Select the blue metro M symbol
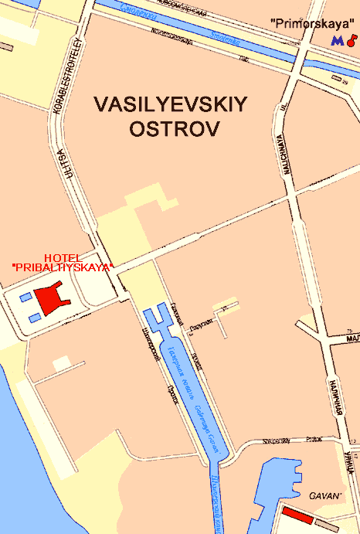(x=336, y=39)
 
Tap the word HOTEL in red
(x=63, y=257)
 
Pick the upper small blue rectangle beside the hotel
(x=25, y=297)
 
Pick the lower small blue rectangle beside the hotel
(x=34, y=317)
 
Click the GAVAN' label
(x=325, y=495)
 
